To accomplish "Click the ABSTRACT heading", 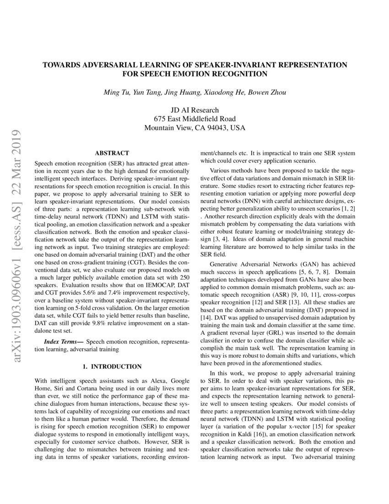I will (111, 153).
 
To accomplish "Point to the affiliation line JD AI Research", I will (194, 110).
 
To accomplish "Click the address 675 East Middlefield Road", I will (194, 119).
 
